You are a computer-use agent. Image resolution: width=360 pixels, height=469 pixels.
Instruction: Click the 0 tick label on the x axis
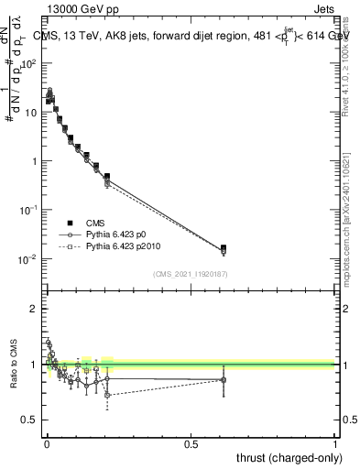pos(46,443)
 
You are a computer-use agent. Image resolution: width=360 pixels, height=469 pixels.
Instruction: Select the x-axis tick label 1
pos(334,443)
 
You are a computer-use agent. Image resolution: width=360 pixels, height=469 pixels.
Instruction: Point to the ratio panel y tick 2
pos(34,309)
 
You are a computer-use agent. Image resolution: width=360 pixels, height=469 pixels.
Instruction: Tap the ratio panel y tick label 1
pos(34,365)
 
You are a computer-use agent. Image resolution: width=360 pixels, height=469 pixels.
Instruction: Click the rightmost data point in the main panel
pos(224,248)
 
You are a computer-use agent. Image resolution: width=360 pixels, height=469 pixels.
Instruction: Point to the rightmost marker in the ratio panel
pos(224,379)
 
